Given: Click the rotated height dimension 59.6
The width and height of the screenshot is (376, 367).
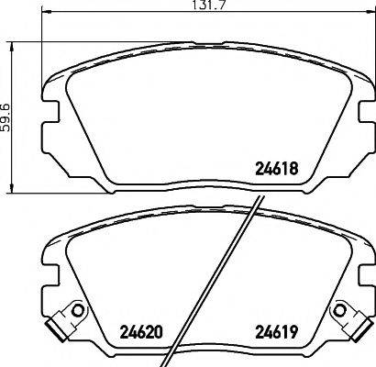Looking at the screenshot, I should pos(6,120).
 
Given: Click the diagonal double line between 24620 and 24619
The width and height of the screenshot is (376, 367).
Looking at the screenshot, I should pos(224,275).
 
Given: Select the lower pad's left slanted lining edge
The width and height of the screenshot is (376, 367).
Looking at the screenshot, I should pos(67,275).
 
